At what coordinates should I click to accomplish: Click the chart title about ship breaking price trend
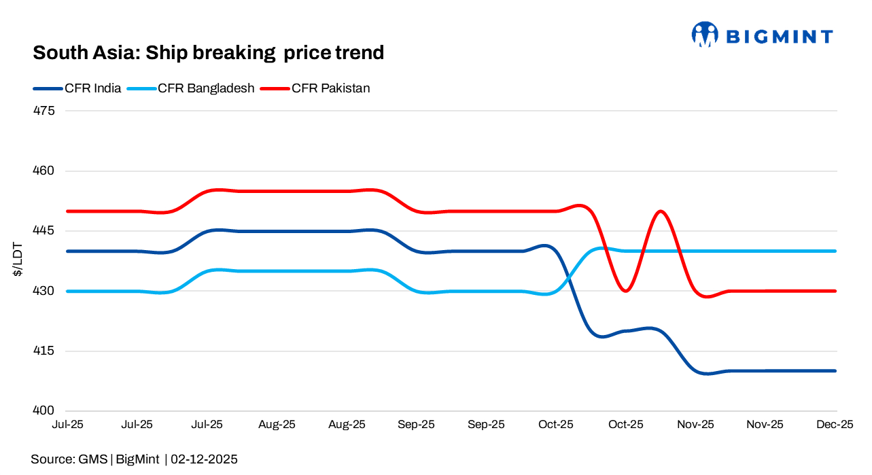tap(208, 52)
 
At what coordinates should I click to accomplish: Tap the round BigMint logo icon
tap(705, 34)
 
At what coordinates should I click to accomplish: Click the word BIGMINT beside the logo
tap(779, 37)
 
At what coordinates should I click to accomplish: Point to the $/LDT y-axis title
tap(18, 260)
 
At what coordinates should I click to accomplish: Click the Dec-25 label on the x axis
tap(835, 425)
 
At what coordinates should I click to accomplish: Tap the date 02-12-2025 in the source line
tap(204, 459)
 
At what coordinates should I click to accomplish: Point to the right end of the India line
tap(835, 371)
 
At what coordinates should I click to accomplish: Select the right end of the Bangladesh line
tap(835, 251)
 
